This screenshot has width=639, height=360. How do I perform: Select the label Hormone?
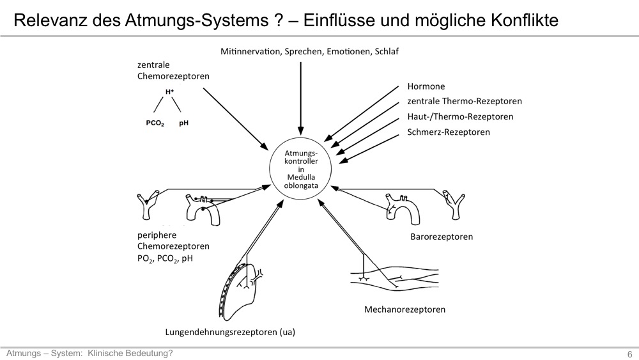pos(426,86)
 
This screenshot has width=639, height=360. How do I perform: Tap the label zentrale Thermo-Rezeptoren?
pos(465,101)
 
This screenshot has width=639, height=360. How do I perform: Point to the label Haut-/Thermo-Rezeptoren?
pos(460,116)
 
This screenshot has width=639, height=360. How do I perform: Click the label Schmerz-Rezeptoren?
pos(449,132)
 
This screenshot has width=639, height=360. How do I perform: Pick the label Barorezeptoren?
pos(442,237)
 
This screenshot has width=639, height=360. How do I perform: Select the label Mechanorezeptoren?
pos(404,309)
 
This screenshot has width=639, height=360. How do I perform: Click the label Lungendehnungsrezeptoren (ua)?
pos(230,332)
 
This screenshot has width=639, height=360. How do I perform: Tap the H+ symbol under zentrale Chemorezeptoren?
pos(169,92)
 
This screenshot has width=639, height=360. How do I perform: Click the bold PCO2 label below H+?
pos(155,123)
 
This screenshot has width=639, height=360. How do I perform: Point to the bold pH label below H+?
pos(184,123)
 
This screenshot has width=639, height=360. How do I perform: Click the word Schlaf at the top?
pos(387,51)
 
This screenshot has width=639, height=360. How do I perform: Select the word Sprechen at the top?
pos(303,52)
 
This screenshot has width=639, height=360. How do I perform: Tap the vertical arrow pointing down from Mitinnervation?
pos(301,98)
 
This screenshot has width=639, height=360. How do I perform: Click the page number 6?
pos(629,354)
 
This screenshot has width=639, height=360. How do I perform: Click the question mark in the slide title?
pos(278,20)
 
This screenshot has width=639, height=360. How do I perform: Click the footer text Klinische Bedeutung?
pos(130,354)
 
